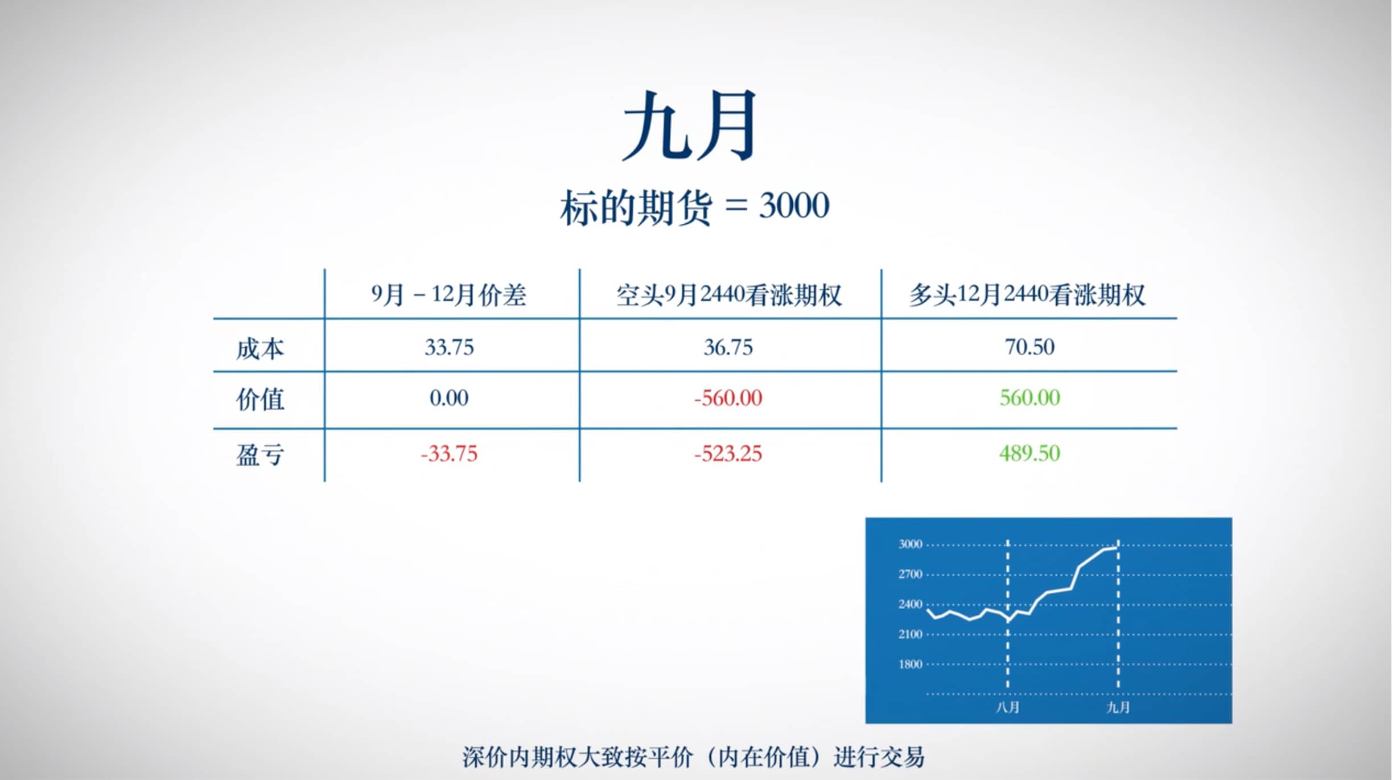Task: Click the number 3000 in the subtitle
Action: point(794,206)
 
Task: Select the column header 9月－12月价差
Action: point(448,295)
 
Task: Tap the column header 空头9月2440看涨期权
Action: point(728,295)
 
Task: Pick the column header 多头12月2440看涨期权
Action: point(1027,295)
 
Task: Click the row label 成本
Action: point(260,348)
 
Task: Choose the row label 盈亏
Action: point(260,455)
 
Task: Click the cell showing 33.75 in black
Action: point(449,347)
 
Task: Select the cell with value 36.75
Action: point(728,347)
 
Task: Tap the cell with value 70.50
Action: point(1029,347)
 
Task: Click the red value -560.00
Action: point(728,398)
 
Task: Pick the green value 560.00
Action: point(1029,397)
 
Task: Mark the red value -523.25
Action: point(728,454)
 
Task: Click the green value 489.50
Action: point(1029,453)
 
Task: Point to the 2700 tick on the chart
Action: point(910,574)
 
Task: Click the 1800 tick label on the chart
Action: point(910,664)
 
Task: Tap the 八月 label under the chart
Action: point(1007,707)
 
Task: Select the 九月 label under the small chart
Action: point(1118,707)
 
